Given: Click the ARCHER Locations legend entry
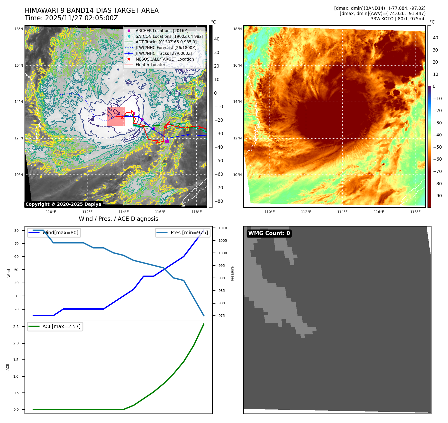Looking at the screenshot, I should pos(162,31).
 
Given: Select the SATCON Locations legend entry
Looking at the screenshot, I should pos(169,36).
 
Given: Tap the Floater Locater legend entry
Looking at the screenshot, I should pos(150,65).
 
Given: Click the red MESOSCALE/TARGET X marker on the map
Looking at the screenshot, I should pos(122,117).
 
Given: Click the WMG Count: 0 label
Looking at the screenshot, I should pos(269,233).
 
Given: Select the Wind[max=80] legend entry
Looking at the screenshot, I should pos(60,233).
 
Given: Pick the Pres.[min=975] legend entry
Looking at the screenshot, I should pos(189,233).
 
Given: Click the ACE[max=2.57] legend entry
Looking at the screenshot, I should pos(61,326).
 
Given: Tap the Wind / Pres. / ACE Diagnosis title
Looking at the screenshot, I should pos(118,219).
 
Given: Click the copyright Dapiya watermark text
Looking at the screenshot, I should pos(63,204).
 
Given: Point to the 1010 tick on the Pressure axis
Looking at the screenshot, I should pos(222,228).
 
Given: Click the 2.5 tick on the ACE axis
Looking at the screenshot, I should pos(16,327).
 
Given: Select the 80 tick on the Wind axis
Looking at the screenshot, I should pos(16,231).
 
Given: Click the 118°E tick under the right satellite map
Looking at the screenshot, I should pos(415,212).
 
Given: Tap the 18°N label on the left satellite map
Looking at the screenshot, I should pos(19,29).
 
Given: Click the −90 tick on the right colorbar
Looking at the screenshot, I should pos(437,196).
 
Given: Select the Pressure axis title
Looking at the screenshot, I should pos(232,273).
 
